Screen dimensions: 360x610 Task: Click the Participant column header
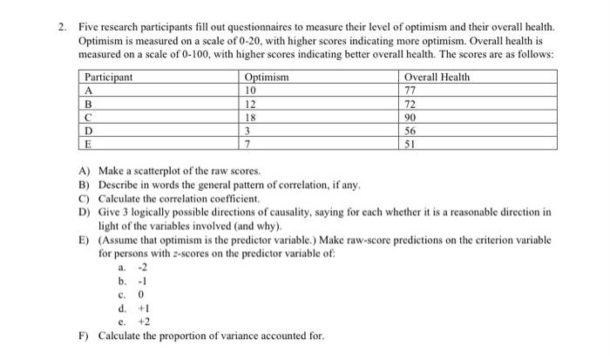click(x=109, y=77)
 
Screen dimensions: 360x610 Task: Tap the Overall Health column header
click(x=437, y=77)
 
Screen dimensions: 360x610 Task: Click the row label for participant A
click(x=88, y=90)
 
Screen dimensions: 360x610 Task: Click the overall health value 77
click(x=412, y=90)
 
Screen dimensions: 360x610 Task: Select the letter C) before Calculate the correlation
click(x=85, y=199)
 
